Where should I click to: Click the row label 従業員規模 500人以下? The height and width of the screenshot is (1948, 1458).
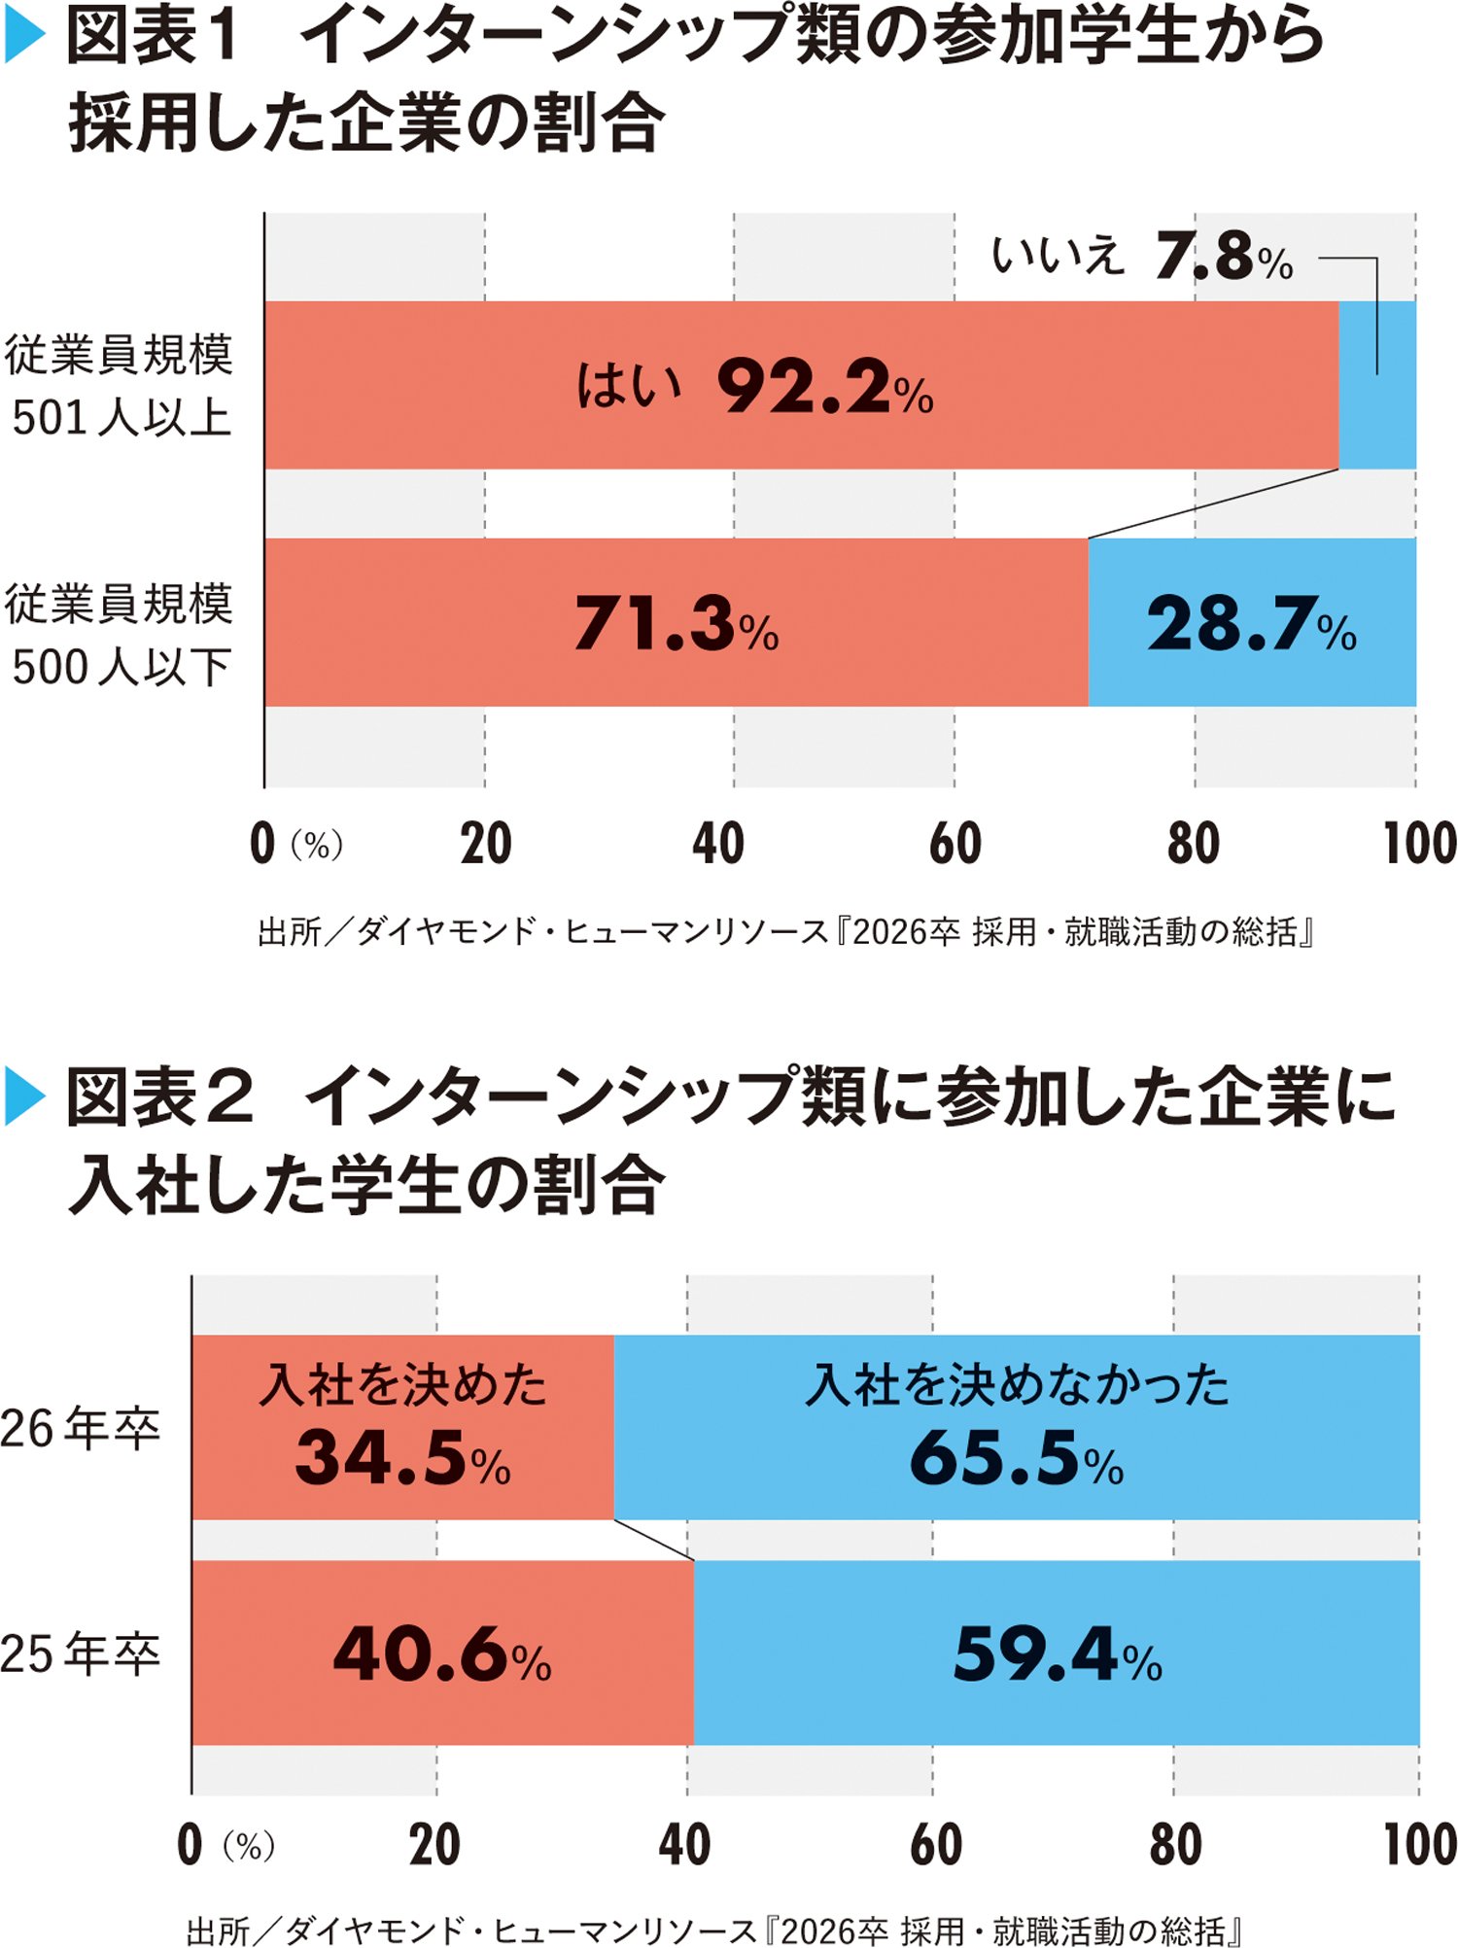(119, 635)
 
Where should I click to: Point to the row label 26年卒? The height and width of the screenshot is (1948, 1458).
(80, 1429)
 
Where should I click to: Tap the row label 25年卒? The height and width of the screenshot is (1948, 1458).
(80, 1653)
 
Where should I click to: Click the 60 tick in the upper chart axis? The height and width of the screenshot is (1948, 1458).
(955, 844)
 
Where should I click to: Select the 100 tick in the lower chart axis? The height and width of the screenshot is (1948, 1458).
(1420, 1845)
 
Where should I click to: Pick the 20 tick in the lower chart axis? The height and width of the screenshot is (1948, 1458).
(434, 1845)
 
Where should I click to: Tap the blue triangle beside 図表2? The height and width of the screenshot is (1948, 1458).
(25, 1096)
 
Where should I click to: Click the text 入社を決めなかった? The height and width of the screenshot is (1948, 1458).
(1017, 1384)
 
